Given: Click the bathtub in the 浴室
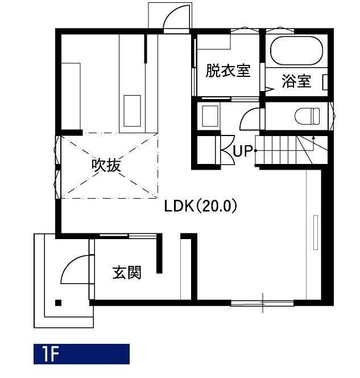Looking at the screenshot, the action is [x=296, y=51].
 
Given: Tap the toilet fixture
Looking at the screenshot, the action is [x=307, y=116].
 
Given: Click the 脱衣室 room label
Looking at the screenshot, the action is [x=228, y=71].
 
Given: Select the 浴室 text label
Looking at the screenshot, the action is [x=296, y=81].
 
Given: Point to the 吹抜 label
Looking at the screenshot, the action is [x=106, y=165].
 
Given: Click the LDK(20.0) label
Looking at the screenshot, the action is [x=201, y=206].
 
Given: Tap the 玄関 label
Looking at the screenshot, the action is [x=127, y=273].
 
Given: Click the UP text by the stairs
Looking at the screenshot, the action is [x=242, y=151].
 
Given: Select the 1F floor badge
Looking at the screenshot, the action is [x=81, y=354].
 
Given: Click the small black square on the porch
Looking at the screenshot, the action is [x=58, y=302].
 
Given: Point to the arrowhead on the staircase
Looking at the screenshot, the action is [x=313, y=137].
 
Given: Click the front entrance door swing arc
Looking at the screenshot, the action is [x=71, y=265].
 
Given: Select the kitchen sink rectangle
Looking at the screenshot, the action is [x=132, y=111].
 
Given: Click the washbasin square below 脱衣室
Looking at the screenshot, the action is [x=210, y=116].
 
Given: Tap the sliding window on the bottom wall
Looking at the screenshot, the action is [x=262, y=303].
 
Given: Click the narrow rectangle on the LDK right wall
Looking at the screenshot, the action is [x=316, y=232].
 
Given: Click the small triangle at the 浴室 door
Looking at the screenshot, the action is [x=270, y=89].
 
